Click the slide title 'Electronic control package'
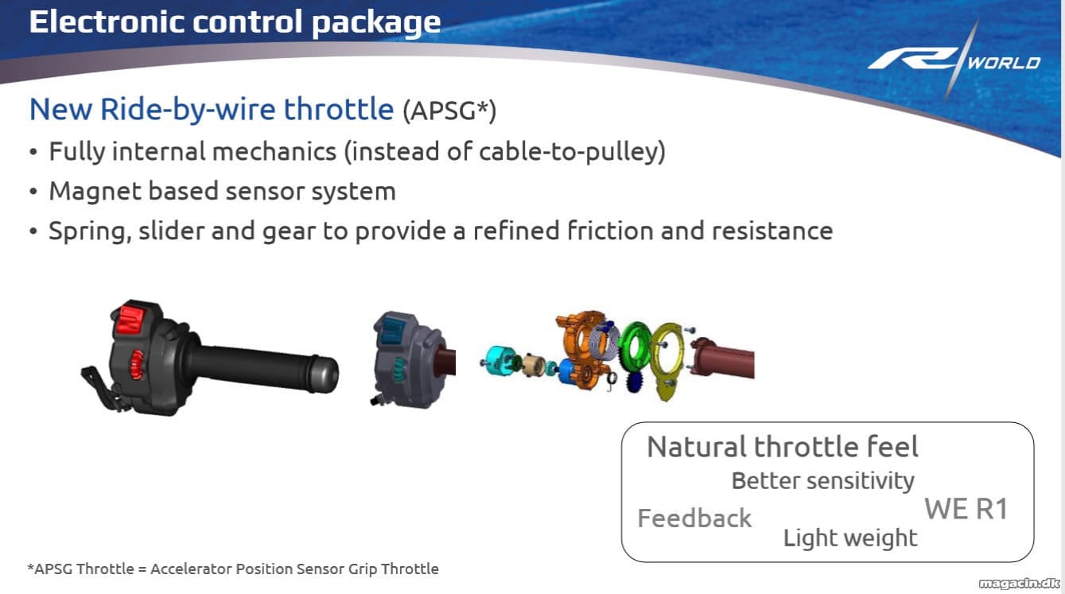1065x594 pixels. (235, 22)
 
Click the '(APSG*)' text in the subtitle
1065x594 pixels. (449, 111)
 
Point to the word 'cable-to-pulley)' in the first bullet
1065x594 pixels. (572, 152)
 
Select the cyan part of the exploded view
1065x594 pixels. (498, 362)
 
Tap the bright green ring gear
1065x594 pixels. (636, 351)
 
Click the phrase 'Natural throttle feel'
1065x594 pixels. (783, 447)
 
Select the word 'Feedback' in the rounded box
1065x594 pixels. (694, 518)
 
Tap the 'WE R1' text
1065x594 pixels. (966, 509)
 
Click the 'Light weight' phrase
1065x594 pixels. (850, 538)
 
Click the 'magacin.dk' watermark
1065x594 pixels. (1019, 583)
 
